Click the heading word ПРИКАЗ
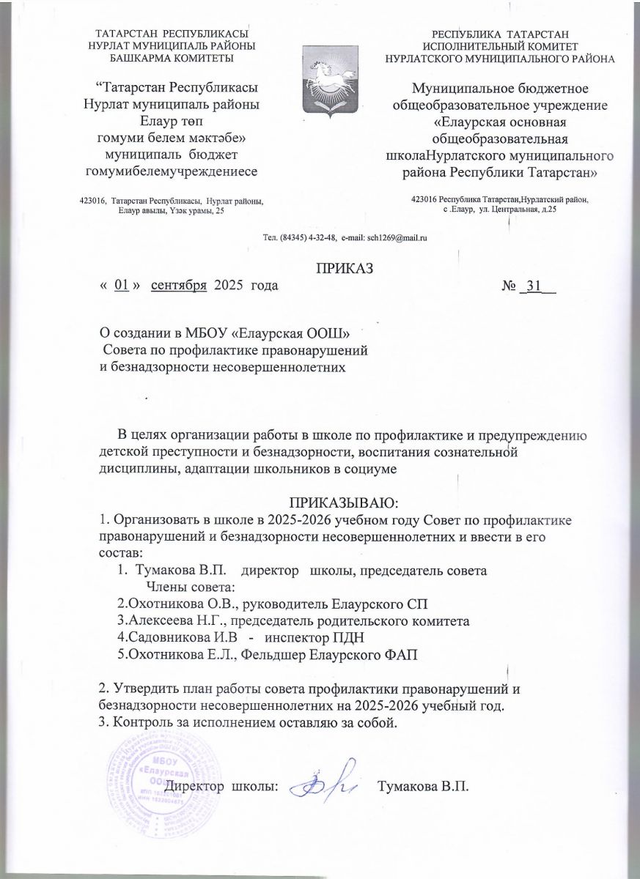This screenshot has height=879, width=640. [345, 268]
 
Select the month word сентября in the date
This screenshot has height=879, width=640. [178, 286]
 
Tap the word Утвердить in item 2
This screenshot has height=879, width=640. [146, 691]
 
